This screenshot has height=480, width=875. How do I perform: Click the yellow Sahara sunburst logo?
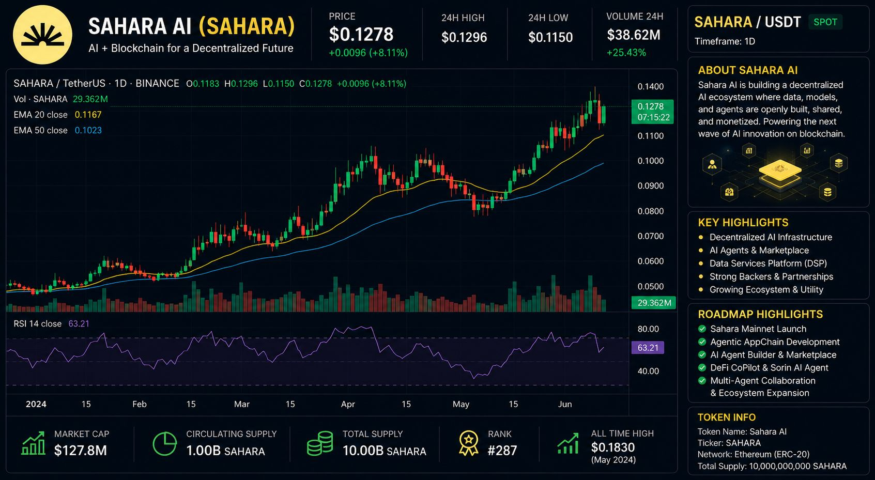coord(42,35)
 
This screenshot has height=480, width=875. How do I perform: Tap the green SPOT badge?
coord(825,22)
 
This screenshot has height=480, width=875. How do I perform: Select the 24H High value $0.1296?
coord(464,37)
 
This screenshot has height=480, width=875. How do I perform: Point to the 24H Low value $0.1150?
coord(550,37)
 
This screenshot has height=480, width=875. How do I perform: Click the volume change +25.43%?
coord(626,52)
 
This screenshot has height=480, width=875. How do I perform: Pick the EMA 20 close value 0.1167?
coord(88,114)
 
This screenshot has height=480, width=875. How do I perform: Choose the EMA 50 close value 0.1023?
coord(88,130)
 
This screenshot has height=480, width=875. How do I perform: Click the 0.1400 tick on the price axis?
coord(650,86)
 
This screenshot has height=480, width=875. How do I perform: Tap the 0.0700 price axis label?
coord(650,236)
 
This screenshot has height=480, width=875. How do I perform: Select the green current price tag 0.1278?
coord(653,112)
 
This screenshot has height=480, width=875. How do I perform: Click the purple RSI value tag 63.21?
coord(648,348)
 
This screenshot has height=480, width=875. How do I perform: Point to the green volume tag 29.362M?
coord(654,303)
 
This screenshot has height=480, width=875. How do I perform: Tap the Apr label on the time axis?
coord(348,404)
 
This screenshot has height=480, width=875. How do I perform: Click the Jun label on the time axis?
coord(565,404)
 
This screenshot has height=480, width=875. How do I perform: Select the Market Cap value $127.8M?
coord(81,451)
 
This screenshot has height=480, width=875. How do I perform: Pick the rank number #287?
coord(502,451)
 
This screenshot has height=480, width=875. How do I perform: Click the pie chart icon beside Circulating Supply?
coord(164,444)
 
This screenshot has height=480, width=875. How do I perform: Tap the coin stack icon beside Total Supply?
coord(320,444)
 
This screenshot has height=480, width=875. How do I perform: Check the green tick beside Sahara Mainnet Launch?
coord(702,329)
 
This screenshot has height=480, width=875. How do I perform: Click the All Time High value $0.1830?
coord(613,447)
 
